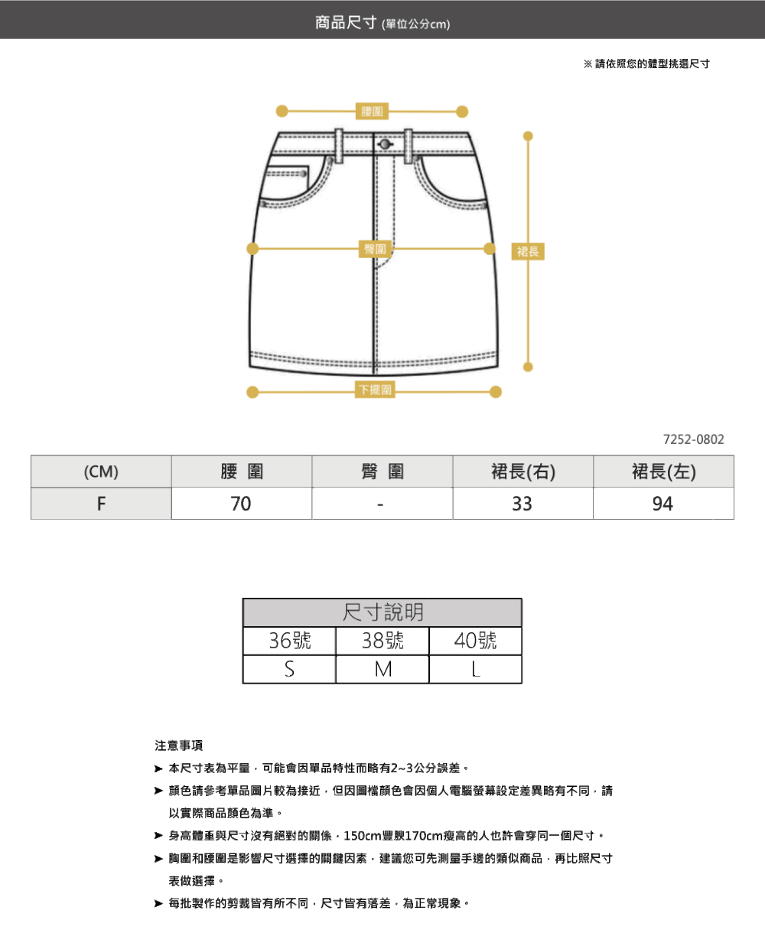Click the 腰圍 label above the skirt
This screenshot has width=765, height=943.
(x=372, y=111)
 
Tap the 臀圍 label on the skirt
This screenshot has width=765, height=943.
(x=375, y=249)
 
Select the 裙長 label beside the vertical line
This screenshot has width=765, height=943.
(x=528, y=252)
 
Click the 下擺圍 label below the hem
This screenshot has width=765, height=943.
(x=375, y=390)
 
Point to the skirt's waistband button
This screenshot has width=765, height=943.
(x=385, y=145)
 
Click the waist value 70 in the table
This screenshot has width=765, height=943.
(x=241, y=504)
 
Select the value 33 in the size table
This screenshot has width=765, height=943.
(x=522, y=504)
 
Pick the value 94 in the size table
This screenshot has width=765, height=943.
(x=662, y=504)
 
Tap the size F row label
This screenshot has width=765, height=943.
(x=101, y=504)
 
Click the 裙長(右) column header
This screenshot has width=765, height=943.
(x=523, y=471)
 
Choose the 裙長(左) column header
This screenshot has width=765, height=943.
(x=664, y=471)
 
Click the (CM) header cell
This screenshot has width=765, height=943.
(x=101, y=471)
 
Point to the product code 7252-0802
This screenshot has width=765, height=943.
(x=693, y=439)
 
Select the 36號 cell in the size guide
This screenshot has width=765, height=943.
(x=290, y=641)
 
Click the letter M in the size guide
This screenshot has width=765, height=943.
(x=382, y=669)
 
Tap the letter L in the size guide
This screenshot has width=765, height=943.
(x=476, y=669)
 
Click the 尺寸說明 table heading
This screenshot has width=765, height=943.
(x=382, y=612)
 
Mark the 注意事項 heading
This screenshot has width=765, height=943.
(x=179, y=746)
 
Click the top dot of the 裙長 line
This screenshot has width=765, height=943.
(x=528, y=136)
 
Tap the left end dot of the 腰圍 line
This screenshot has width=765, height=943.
(x=282, y=111)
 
